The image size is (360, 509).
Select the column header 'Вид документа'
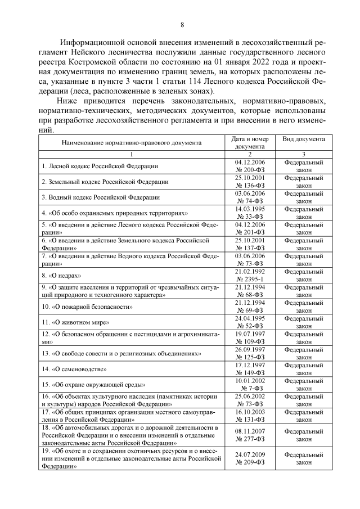[x=303, y=138]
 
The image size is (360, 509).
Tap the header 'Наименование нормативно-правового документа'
[x=131, y=142]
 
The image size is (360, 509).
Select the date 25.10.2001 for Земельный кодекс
[x=250, y=178]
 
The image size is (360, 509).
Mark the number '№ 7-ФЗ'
[x=250, y=388]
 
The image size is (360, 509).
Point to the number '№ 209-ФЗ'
[x=250, y=462]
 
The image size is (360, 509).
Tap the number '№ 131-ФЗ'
[x=250, y=420]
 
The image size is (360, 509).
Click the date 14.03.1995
[x=250, y=209]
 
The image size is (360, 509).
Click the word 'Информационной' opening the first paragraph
[x=92, y=42]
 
